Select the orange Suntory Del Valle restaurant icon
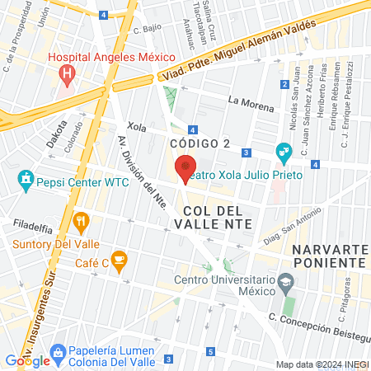(x=81, y=221)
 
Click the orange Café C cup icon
(x=119, y=261)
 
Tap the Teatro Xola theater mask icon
(x=284, y=151)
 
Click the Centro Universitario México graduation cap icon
(x=285, y=282)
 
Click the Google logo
(x=28, y=360)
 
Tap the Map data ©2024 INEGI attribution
(x=322, y=364)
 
